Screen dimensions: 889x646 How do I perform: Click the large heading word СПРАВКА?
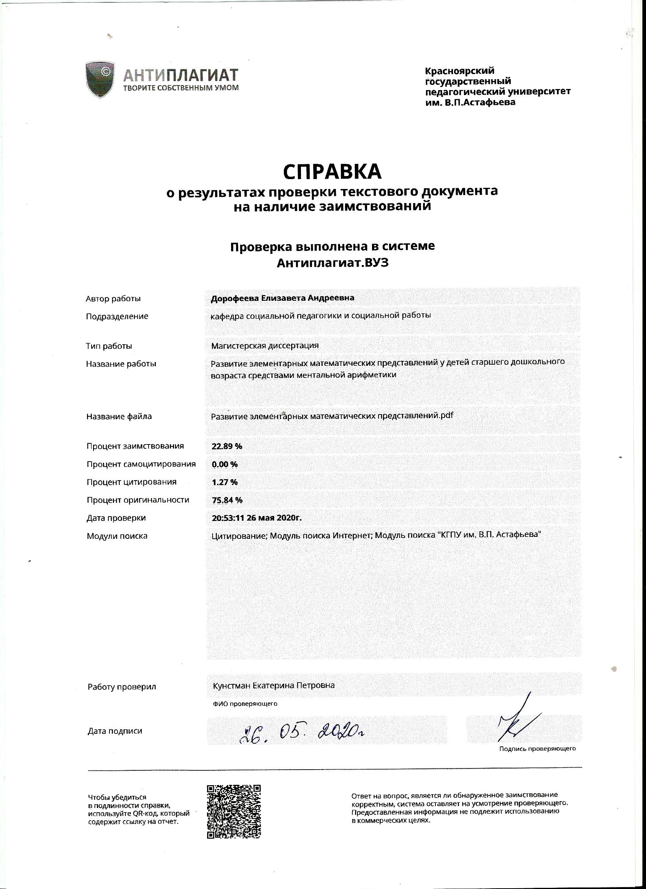tap(332, 171)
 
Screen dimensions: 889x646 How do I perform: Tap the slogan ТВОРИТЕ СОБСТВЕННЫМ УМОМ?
tap(180, 87)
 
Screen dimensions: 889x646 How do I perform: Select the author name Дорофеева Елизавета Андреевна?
tap(282, 298)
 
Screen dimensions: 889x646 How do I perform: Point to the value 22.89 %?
tap(227, 446)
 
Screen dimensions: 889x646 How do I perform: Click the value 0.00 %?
tap(225, 465)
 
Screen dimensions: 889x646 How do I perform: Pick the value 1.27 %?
tap(225, 482)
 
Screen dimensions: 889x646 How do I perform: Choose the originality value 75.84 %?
tap(227, 500)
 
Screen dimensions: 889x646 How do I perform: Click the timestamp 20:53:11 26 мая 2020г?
tap(256, 518)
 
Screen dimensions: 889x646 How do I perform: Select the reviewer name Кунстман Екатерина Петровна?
tap(274, 686)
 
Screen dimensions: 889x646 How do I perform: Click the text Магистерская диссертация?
tap(265, 346)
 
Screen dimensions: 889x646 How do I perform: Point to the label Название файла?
tap(119, 416)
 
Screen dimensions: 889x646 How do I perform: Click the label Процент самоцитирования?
tap(141, 465)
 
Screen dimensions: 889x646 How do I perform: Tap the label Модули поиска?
tap(117, 536)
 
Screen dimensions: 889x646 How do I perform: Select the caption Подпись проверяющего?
tap(537, 749)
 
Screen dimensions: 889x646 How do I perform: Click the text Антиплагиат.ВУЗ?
tap(332, 263)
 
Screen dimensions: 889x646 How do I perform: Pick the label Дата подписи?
tap(115, 731)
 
